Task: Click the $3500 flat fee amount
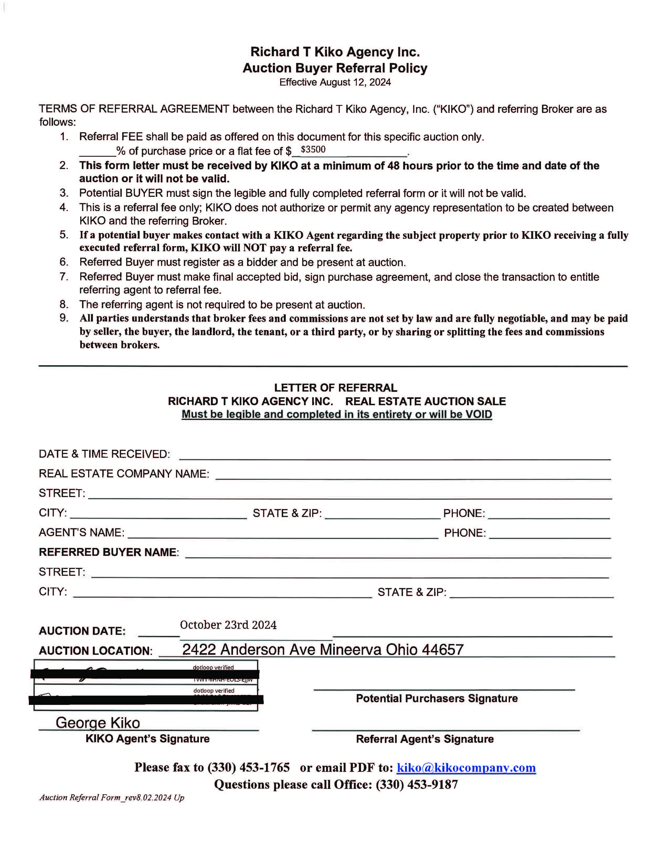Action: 313,150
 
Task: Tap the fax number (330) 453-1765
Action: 248,767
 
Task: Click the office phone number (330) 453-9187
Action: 417,784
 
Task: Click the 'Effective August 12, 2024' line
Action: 335,82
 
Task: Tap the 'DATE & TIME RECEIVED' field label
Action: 104,454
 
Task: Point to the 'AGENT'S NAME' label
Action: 81,532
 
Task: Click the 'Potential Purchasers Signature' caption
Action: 436,699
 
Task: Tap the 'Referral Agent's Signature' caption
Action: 424,739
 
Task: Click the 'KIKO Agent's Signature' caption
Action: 147,739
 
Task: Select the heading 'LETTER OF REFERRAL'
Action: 335,388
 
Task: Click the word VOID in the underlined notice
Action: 478,414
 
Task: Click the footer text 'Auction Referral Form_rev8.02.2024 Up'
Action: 112,798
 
